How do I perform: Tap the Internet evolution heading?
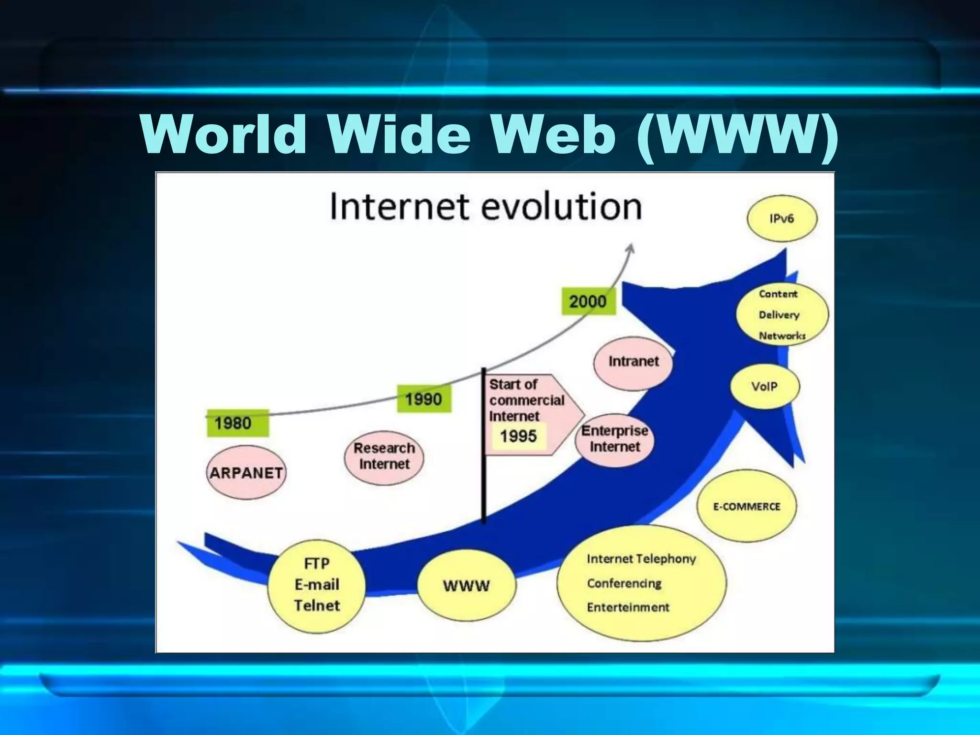tap(486, 207)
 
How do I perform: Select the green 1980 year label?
tap(237, 423)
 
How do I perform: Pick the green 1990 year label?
tap(424, 399)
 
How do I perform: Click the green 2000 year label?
tap(588, 301)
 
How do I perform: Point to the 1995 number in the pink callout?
tap(518, 436)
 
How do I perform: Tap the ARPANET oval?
tap(246, 473)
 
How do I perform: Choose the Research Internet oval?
tap(384, 456)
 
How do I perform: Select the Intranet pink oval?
tap(633, 362)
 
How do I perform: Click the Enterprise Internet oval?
tap(614, 439)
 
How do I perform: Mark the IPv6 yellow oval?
tap(782, 219)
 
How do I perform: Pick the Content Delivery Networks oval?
tap(782, 314)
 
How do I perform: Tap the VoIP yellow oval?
tap(765, 387)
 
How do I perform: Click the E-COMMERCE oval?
tap(746, 506)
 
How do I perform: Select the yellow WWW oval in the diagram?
tap(467, 586)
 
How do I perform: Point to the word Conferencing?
tap(624, 583)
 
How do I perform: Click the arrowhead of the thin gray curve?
tap(631, 248)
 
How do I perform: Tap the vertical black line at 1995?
tap(484, 445)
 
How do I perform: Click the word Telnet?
tap(317, 606)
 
